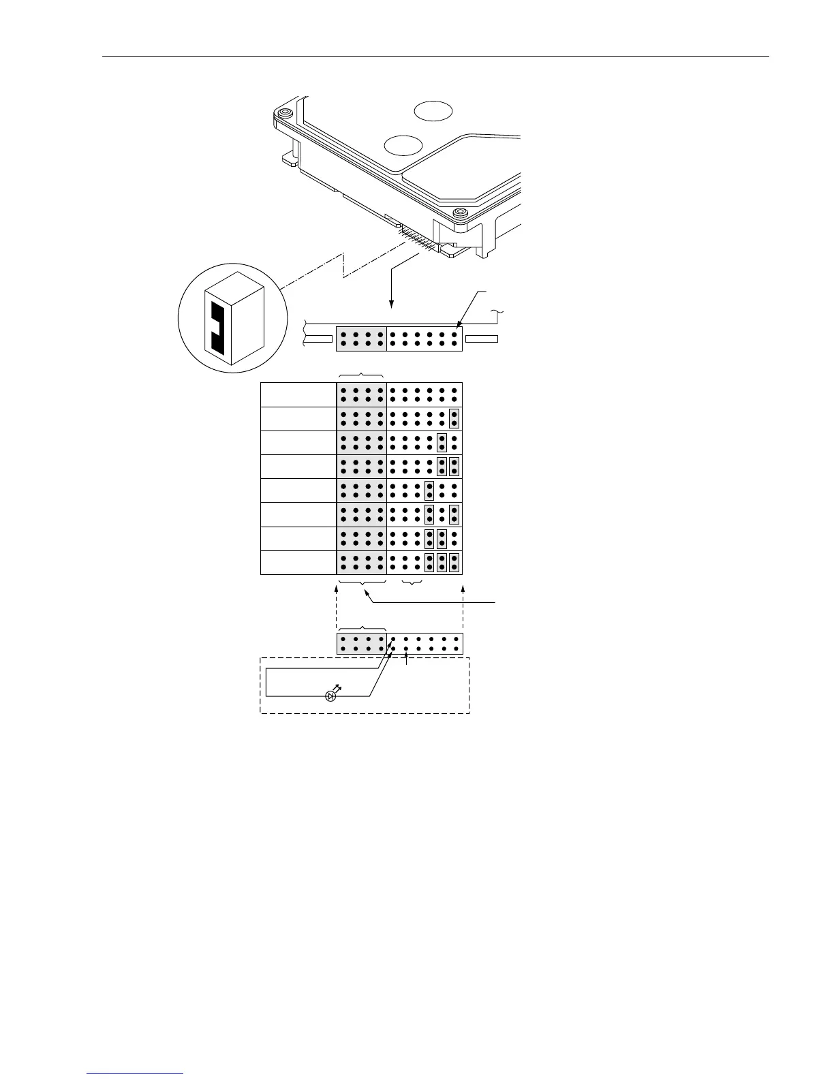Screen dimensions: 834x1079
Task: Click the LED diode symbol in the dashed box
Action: click(x=331, y=695)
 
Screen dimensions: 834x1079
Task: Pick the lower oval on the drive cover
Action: click(x=403, y=144)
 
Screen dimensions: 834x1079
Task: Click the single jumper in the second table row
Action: click(x=454, y=418)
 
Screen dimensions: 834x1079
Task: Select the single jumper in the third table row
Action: click(x=442, y=443)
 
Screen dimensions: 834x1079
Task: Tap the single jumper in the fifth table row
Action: click(x=429, y=490)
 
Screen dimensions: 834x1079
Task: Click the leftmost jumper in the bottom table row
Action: click(x=429, y=563)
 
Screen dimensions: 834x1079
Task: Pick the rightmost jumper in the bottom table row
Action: click(x=454, y=563)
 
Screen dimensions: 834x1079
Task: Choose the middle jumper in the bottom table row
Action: click(x=442, y=563)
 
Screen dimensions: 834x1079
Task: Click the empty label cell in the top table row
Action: click(x=298, y=394)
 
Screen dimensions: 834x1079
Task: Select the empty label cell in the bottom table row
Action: click(x=298, y=563)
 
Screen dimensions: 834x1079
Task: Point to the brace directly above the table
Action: click(x=362, y=375)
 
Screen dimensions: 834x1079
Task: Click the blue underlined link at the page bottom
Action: click(x=136, y=1072)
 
